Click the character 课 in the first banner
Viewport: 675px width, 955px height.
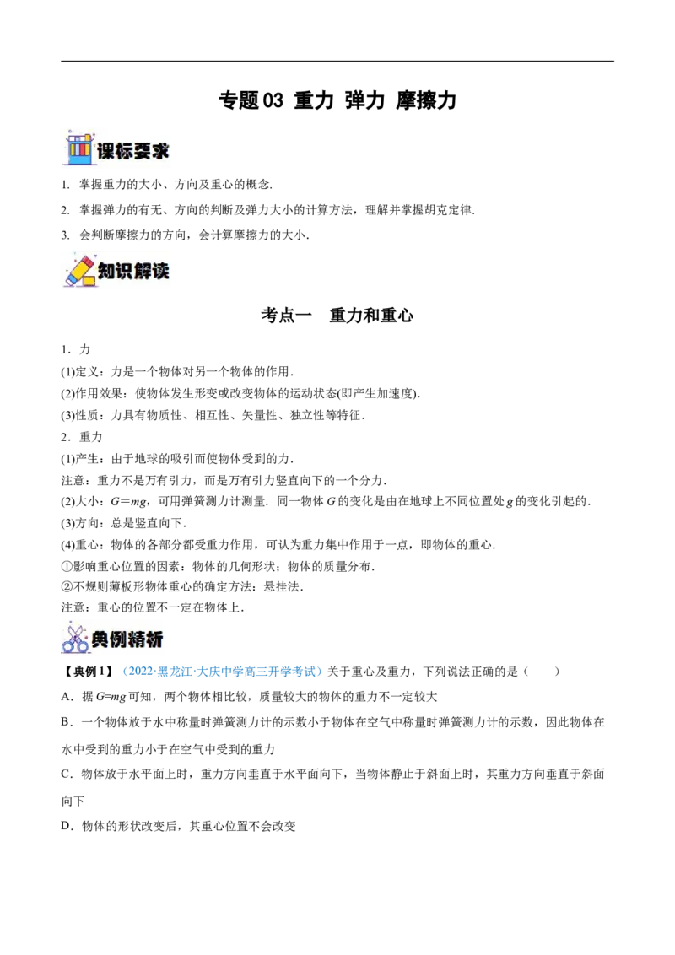(x=105, y=152)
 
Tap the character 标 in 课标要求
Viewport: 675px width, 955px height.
(x=124, y=152)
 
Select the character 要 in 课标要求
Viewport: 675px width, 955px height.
(x=143, y=152)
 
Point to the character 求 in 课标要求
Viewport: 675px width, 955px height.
(x=161, y=152)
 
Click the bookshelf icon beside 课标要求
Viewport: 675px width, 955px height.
(x=78, y=148)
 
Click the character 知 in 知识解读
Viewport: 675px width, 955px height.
(x=105, y=272)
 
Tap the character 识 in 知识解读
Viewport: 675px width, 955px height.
(x=124, y=272)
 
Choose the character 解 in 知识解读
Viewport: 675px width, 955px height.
(x=143, y=272)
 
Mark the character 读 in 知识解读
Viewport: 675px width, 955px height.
(x=161, y=272)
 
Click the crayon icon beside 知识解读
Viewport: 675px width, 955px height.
(x=78, y=270)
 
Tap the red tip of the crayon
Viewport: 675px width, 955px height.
(x=68, y=281)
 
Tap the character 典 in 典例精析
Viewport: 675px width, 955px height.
(x=100, y=640)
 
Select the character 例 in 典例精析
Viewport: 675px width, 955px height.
(x=118, y=640)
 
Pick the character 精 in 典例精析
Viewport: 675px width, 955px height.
(x=136, y=640)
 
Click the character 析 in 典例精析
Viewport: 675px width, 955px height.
(x=154, y=640)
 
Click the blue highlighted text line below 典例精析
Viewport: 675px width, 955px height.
(x=223, y=672)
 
